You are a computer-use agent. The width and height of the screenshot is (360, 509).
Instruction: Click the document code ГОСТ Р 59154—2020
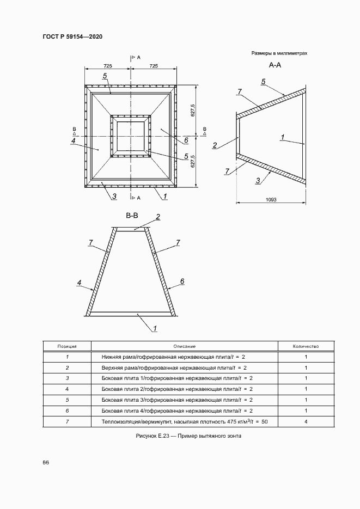(72, 36)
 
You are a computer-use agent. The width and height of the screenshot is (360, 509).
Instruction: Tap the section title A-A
(274, 65)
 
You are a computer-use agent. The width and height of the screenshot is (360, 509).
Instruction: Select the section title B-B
(132, 216)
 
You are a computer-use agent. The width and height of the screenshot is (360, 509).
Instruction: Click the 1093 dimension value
(271, 200)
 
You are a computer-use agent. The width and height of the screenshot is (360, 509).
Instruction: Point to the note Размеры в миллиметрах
(279, 53)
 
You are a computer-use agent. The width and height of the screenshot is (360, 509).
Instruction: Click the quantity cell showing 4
(306, 422)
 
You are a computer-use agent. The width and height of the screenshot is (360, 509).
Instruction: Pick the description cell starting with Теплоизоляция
(181, 422)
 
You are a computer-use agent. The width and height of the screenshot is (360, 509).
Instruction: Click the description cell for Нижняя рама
(174, 357)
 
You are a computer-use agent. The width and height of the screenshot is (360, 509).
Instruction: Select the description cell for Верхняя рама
(174, 367)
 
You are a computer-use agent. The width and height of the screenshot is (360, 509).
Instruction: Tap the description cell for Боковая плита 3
(177, 400)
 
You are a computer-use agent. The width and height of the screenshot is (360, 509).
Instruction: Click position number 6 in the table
(67, 411)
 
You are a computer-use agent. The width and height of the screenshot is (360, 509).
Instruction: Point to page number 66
(46, 462)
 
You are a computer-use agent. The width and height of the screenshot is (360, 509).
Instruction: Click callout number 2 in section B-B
(158, 217)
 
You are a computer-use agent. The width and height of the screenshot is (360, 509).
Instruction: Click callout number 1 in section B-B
(155, 328)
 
